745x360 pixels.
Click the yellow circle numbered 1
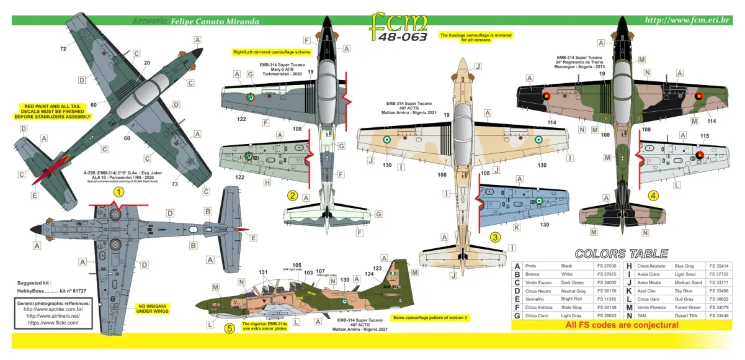coord(118,192)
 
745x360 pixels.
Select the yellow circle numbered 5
coord(230,328)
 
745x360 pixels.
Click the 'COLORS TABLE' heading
coord(621,253)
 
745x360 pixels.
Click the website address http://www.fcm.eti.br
coord(689,20)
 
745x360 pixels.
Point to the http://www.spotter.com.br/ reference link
coord(55,309)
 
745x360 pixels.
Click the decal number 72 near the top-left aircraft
coord(63,48)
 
